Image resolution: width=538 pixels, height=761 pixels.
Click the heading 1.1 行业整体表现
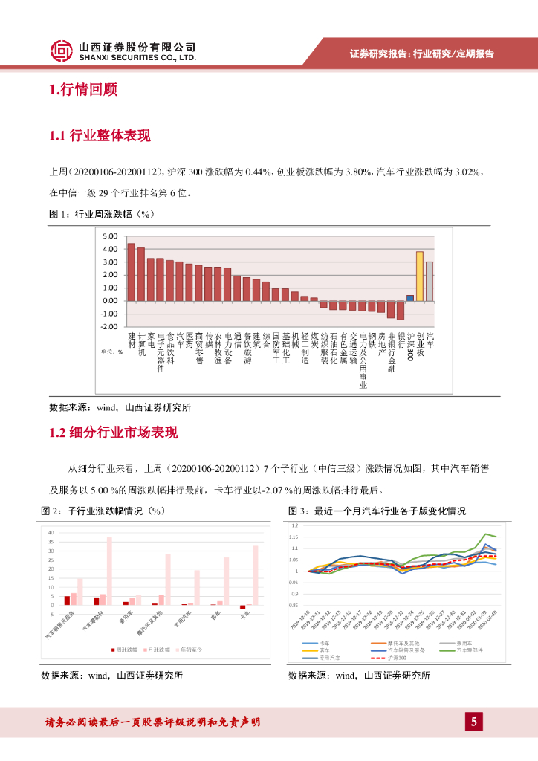(x=100, y=135)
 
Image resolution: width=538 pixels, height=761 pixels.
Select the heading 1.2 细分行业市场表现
(x=113, y=433)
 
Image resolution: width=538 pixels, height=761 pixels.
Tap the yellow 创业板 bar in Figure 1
(x=420, y=276)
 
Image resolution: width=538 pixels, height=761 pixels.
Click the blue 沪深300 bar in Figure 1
(x=409, y=297)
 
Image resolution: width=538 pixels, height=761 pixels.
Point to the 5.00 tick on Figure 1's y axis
(x=111, y=236)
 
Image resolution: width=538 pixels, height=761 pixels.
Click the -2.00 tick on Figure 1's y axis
(x=110, y=327)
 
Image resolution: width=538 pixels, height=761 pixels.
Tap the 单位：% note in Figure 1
(x=111, y=352)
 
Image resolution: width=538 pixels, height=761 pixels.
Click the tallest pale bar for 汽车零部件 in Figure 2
(x=109, y=571)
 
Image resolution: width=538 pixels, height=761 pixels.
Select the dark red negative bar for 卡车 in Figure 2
(x=242, y=607)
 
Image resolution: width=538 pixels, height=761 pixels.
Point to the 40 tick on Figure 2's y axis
(x=51, y=533)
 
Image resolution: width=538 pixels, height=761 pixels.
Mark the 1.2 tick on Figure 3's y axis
(x=294, y=525)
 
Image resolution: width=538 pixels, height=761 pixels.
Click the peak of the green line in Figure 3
(x=486, y=534)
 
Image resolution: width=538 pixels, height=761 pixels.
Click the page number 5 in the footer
(x=473, y=722)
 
